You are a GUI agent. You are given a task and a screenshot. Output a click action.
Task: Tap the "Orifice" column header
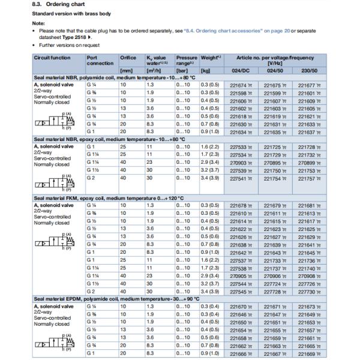128,58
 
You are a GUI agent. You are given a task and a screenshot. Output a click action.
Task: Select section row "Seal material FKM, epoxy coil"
108,197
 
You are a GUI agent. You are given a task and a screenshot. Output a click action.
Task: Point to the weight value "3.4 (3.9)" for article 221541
209,178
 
